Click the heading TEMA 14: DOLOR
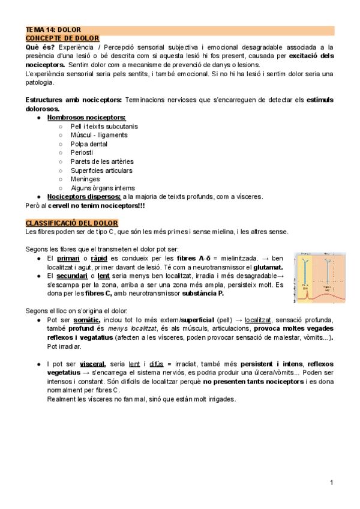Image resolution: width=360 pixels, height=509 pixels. pos(53,29)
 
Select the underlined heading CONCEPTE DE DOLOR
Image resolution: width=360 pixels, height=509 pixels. pos(62,38)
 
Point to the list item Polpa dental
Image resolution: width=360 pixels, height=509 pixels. pos(89,144)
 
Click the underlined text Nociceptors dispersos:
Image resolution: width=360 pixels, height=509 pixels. pos(84,196)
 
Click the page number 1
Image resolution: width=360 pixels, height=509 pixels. pos(331,483)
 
